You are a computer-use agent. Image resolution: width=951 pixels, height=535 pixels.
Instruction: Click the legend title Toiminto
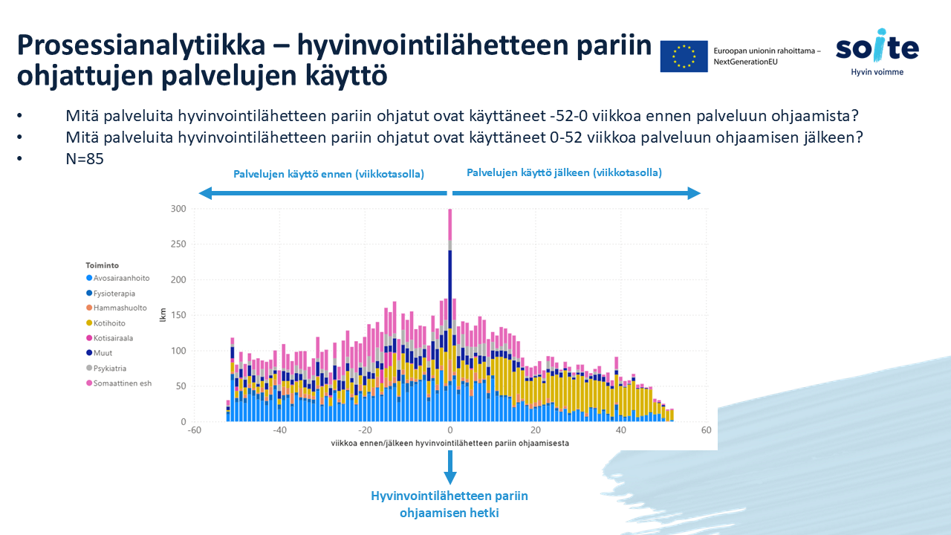(x=102, y=265)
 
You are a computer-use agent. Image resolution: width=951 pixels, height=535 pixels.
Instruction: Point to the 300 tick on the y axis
(x=178, y=209)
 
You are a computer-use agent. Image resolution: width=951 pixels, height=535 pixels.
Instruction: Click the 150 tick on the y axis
(x=178, y=316)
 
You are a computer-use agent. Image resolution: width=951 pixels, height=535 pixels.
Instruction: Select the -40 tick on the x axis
(x=279, y=430)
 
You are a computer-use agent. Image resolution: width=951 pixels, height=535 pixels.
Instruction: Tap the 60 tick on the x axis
(x=706, y=430)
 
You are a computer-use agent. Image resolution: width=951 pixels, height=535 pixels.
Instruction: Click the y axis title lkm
(x=163, y=316)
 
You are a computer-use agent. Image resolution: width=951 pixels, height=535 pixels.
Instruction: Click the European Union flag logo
(x=684, y=56)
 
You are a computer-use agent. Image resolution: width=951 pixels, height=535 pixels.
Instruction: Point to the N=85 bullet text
(x=83, y=158)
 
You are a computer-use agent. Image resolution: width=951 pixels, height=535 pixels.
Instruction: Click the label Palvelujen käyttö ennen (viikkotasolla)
(x=328, y=174)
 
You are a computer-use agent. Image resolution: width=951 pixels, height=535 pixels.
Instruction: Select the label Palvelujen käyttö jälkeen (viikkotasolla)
(x=564, y=172)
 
